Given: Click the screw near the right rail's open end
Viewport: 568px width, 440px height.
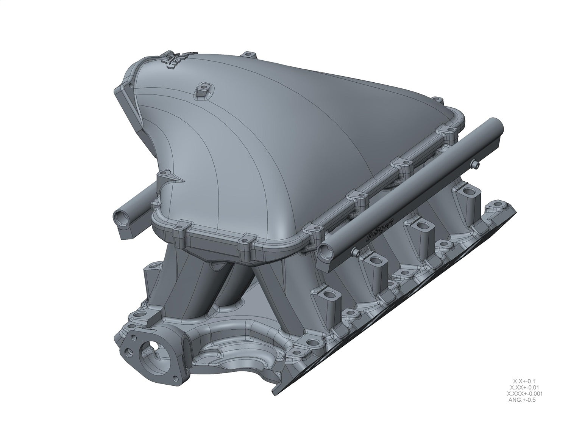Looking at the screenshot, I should coord(354,252).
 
